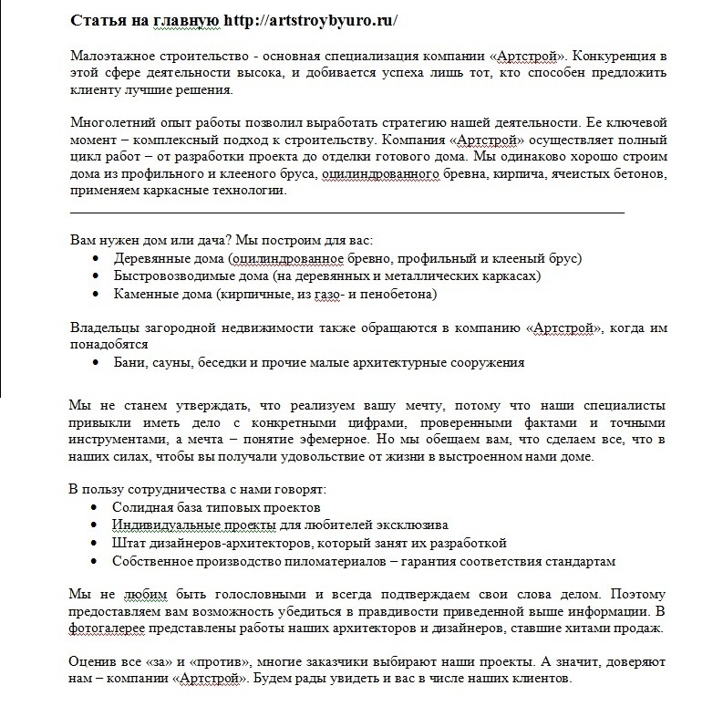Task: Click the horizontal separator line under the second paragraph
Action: pos(346,211)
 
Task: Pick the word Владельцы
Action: pos(104,327)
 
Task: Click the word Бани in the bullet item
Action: pos(129,362)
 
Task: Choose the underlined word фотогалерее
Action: pos(108,629)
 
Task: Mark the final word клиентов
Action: pos(543,680)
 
